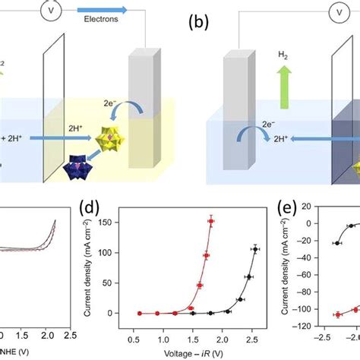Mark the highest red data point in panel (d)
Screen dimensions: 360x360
[x=212, y=222]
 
